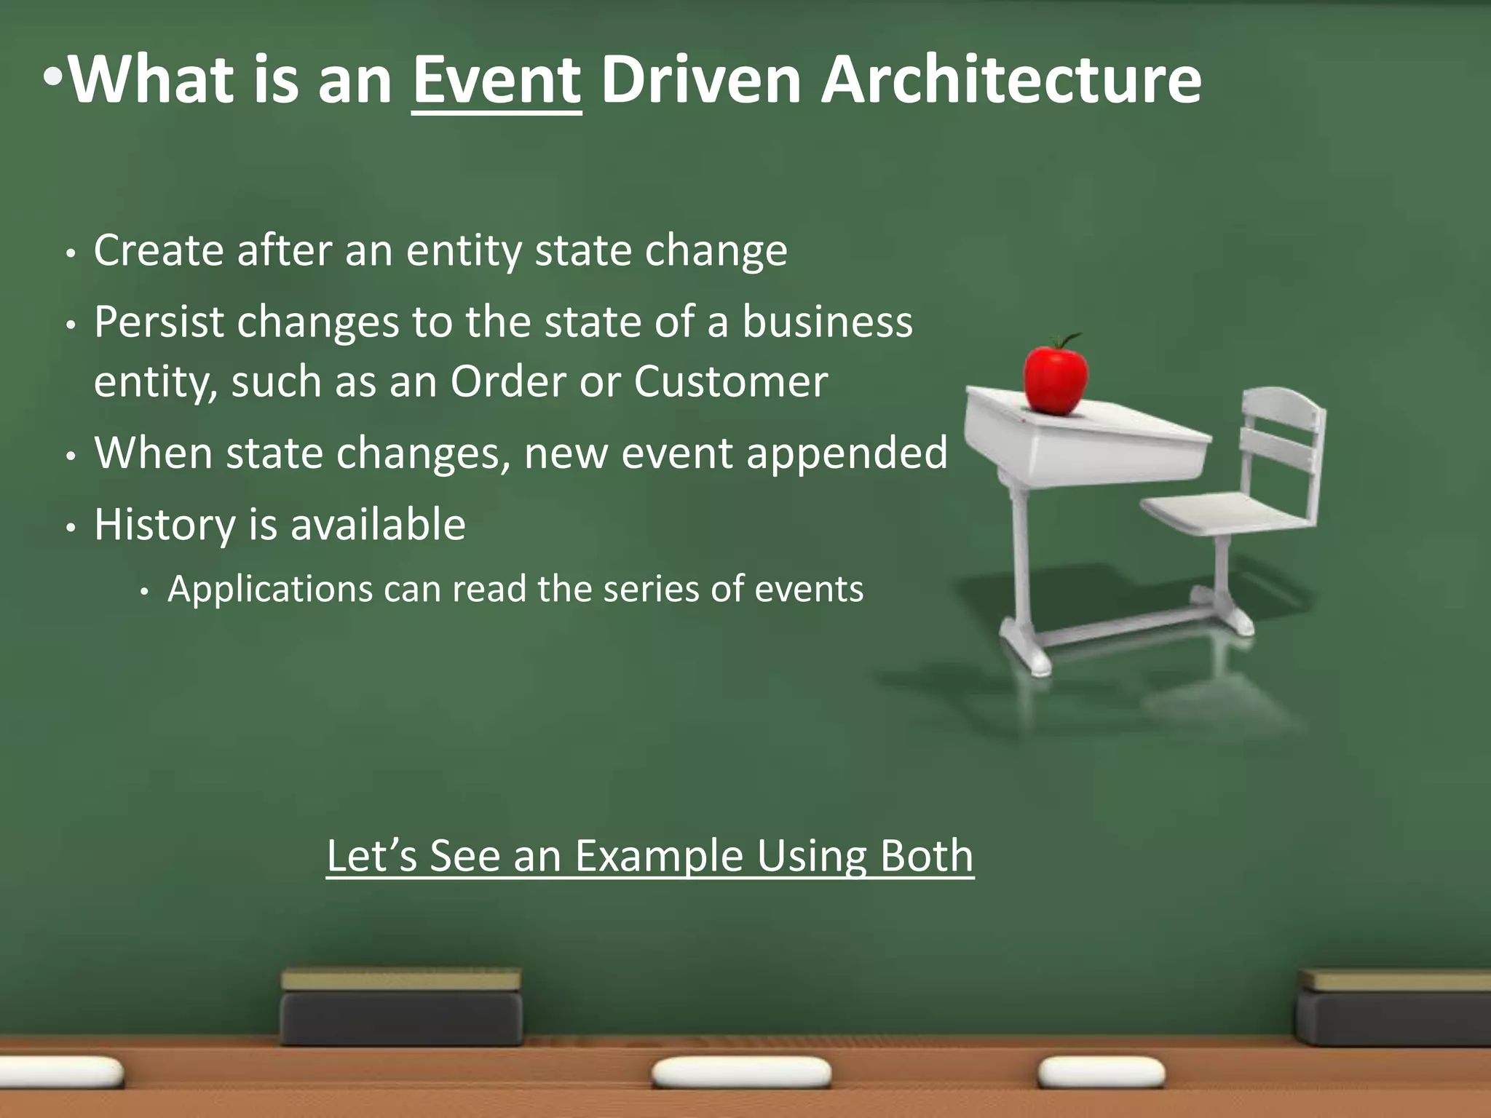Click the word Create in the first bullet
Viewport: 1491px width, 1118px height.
(x=158, y=251)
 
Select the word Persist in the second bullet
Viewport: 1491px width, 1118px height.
(x=158, y=322)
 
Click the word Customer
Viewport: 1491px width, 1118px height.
(x=730, y=381)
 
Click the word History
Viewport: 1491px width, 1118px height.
(x=165, y=525)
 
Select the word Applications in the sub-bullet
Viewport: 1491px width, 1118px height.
(x=269, y=589)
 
